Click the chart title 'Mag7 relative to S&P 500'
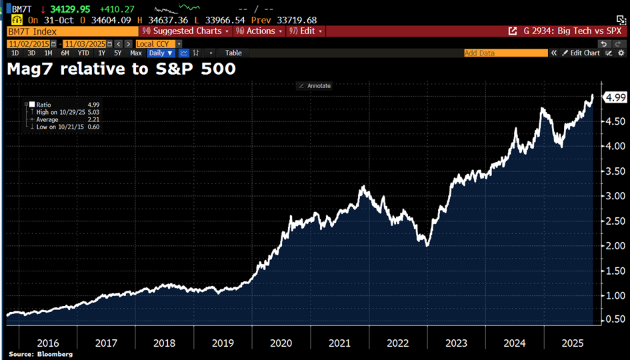click(121, 68)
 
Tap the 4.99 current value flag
click(614, 98)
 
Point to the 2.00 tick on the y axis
click(613, 246)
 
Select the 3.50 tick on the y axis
click(613, 171)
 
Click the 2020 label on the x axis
click(282, 343)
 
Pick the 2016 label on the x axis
click(48, 343)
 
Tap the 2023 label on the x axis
click(457, 343)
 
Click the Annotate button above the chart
click(315, 85)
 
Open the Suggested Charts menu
click(185, 31)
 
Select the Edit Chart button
click(581, 53)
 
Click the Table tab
click(233, 53)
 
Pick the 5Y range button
click(117, 53)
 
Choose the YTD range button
click(83, 53)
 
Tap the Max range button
click(136, 53)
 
